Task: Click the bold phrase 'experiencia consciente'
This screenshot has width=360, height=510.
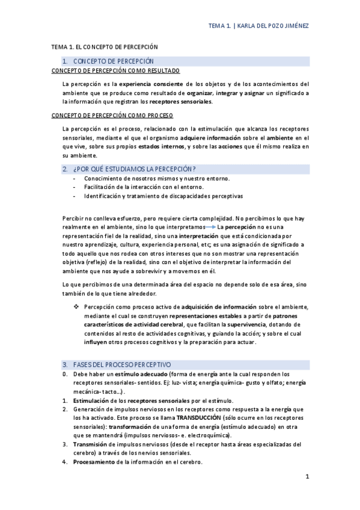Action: (150, 84)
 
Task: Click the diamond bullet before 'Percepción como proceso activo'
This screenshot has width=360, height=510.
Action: (76, 307)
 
